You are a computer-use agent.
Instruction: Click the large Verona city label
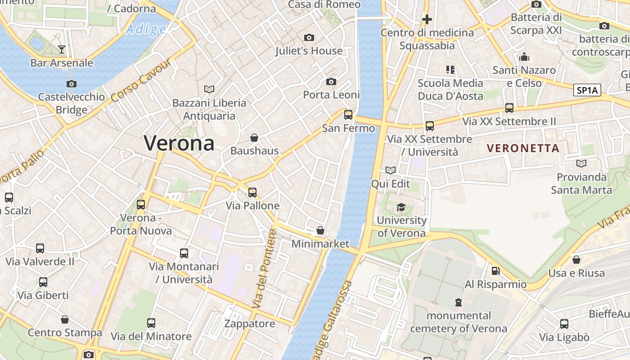point(179,144)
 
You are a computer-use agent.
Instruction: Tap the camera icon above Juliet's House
point(309,37)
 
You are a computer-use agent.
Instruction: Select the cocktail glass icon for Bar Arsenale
point(62,49)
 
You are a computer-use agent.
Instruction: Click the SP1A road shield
point(588,90)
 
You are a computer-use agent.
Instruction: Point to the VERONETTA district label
point(523,148)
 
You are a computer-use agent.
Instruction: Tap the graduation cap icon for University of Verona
point(401,207)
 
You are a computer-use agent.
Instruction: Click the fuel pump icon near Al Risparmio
point(495,271)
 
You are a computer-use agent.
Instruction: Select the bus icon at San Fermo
point(348,115)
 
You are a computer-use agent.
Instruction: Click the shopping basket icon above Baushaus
point(254,137)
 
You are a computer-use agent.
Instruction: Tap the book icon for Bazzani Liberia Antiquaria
point(209,89)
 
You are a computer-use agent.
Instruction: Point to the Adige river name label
point(146,30)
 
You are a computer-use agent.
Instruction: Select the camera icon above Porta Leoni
point(331,81)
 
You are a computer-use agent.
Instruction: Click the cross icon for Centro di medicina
point(427,19)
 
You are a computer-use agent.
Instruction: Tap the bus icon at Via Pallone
point(252,193)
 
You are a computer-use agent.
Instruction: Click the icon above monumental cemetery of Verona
point(458,302)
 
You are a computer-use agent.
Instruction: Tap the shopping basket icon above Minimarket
point(320,230)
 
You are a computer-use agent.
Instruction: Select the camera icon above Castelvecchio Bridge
point(71,84)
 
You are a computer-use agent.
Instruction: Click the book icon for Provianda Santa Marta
point(581,163)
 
